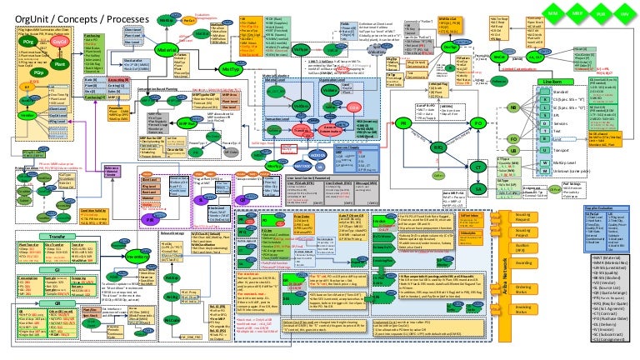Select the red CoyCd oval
(59, 40)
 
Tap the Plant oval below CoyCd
(58, 62)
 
